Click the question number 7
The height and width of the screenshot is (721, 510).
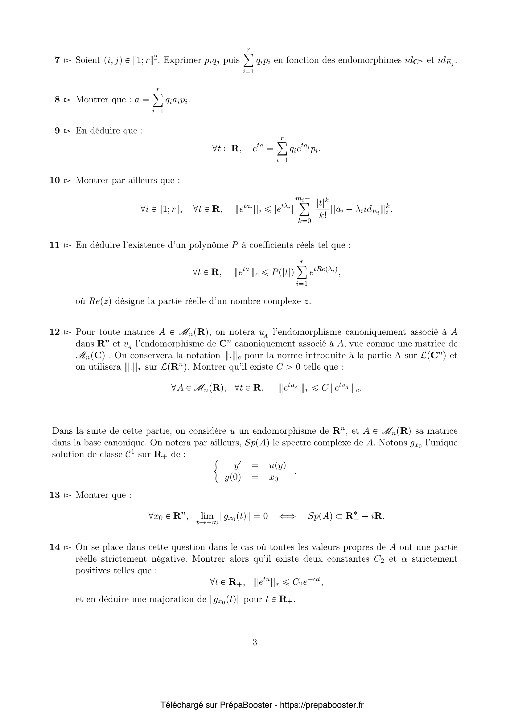(x=57, y=60)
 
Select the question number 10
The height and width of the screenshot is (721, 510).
(x=55, y=180)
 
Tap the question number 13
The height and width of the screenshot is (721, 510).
(x=55, y=495)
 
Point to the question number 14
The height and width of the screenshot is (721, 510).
(x=55, y=547)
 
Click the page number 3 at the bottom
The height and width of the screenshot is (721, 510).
(x=255, y=642)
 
